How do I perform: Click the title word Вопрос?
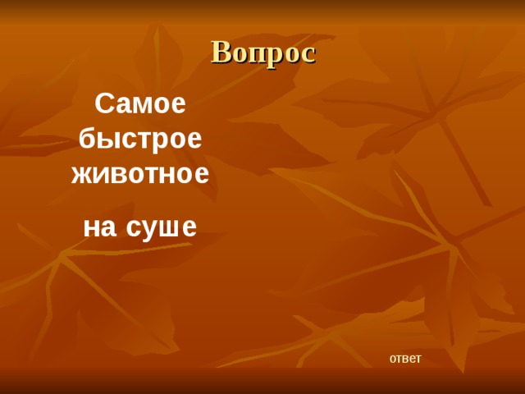pyautogui.click(x=262, y=52)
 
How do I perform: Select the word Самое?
pyautogui.click(x=140, y=104)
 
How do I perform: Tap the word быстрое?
pyautogui.click(x=140, y=139)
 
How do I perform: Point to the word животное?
pyautogui.click(x=140, y=173)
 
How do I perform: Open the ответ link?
pyautogui.click(x=404, y=358)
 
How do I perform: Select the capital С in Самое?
pyautogui.click(x=104, y=104)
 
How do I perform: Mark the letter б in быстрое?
pyautogui.click(x=87, y=139)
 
